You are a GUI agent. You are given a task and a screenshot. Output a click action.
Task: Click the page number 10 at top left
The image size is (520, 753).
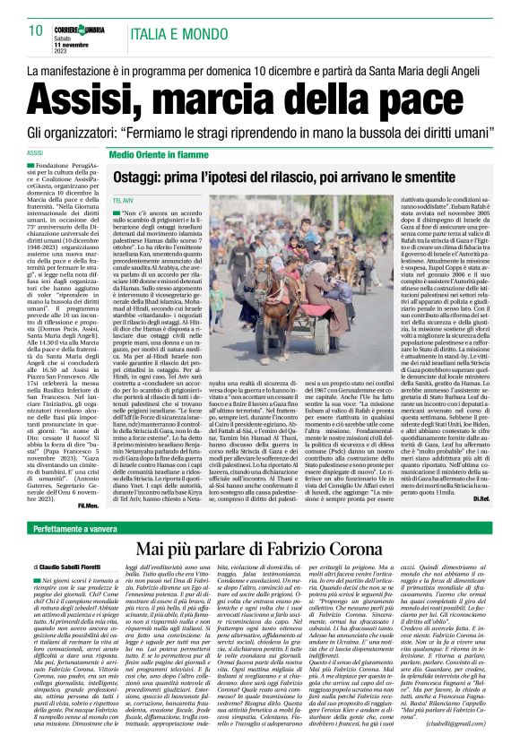36,31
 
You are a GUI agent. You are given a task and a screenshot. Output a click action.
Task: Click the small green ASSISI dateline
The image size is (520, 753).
38,153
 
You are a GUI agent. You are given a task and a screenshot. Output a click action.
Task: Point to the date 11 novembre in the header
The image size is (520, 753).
76,45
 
